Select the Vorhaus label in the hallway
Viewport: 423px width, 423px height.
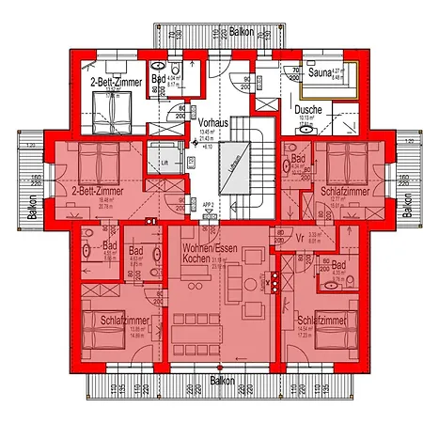point(212,123)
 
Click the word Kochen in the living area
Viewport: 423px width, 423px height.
point(197,258)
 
